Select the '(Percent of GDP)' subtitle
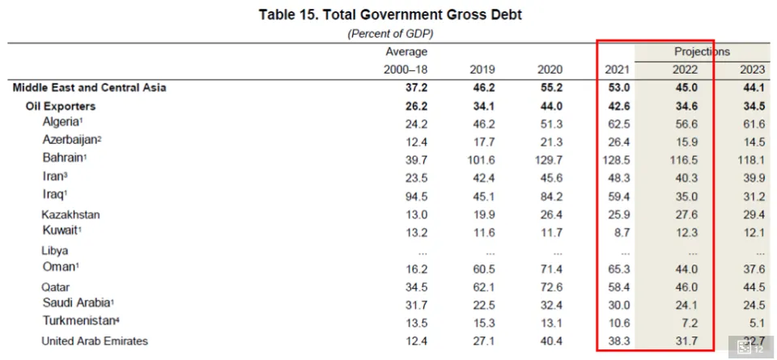pos(391,34)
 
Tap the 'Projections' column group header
pos(702,52)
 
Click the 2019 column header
pos(482,70)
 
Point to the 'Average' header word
pos(406,52)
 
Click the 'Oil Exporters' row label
pos(61,106)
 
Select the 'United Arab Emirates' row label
pos(95,341)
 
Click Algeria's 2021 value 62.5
pos(617,123)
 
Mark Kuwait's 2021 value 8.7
pos(620,232)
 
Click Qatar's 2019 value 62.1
pos(482,287)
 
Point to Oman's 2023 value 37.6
pos(753,269)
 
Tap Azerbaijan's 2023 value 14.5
pos(753,140)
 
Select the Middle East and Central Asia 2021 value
pos(617,87)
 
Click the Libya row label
pos(55,251)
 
